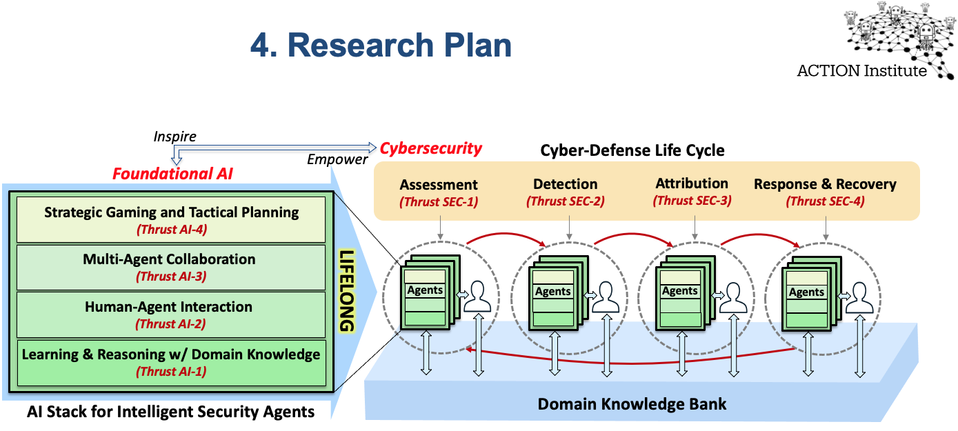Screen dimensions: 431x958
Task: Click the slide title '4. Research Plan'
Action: click(381, 46)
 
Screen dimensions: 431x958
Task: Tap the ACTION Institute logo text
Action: click(861, 70)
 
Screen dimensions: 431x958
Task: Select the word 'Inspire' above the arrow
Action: click(174, 137)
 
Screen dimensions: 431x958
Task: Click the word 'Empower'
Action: click(337, 160)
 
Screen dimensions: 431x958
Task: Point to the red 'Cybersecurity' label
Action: click(431, 148)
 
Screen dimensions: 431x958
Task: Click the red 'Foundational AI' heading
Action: click(172, 174)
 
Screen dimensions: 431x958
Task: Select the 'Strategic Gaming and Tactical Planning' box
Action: click(171, 219)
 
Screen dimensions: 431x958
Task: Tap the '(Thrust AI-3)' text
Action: click(171, 277)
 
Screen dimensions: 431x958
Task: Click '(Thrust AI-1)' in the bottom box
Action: click(171, 372)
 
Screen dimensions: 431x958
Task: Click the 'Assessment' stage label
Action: click(439, 185)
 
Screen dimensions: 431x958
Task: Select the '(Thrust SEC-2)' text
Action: click(565, 201)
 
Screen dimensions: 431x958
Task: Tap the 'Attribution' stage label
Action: click(692, 183)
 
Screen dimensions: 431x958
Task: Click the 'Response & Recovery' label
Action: click(825, 184)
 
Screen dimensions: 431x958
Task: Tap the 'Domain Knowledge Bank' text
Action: click(632, 403)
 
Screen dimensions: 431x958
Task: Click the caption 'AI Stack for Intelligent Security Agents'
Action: click(171, 412)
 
